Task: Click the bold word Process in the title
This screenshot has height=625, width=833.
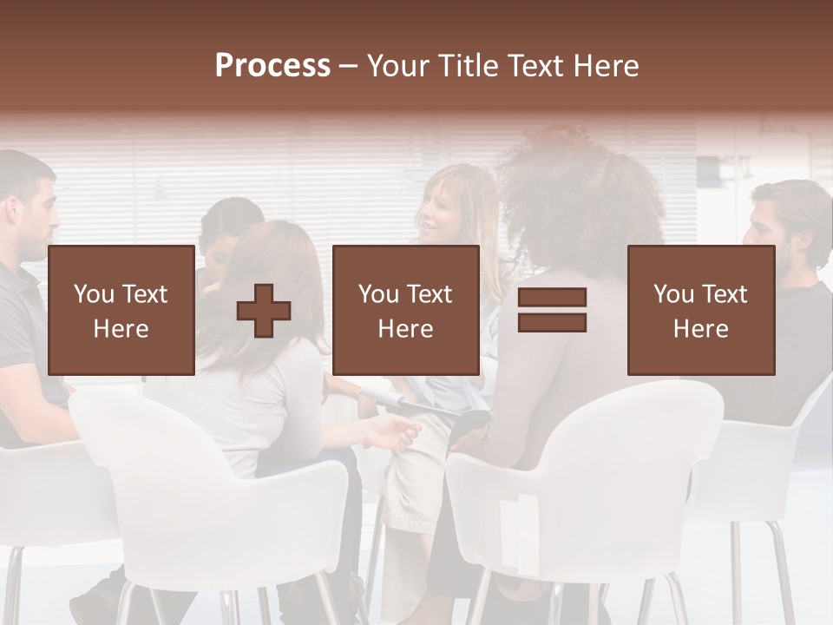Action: click(272, 66)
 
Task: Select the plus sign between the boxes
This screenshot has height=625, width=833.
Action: click(264, 311)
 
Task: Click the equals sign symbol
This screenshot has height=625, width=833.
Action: click(552, 310)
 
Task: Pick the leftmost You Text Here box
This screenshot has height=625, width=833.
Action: click(121, 310)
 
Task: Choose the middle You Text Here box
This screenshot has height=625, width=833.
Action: click(405, 310)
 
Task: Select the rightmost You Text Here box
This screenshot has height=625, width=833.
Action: click(700, 310)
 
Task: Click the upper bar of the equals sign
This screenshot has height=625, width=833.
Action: click(552, 298)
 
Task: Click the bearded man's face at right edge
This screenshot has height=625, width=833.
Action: click(764, 230)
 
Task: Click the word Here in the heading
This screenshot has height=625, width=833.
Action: click(607, 66)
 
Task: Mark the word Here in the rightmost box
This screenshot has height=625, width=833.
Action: click(700, 329)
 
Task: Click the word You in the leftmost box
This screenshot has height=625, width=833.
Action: click(94, 294)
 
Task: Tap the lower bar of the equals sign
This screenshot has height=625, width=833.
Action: click(552, 322)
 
